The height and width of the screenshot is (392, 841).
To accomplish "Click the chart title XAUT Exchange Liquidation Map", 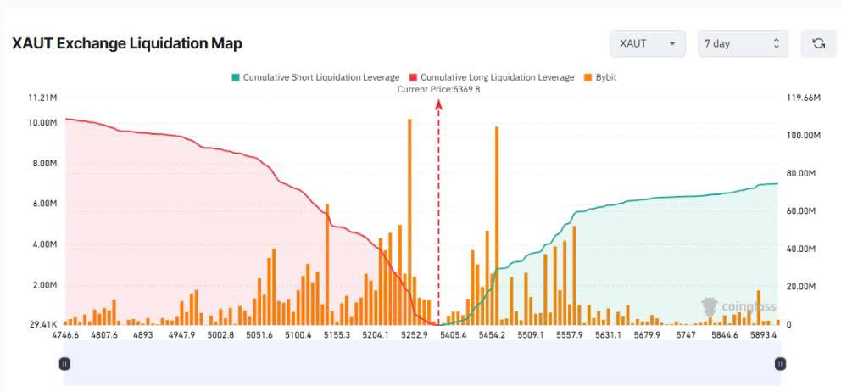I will click(127, 43).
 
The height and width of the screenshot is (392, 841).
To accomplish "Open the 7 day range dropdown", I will click(743, 43).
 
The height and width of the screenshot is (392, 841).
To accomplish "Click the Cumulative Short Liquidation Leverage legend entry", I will click(315, 77).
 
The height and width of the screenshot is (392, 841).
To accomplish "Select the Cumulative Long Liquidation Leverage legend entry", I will click(492, 77).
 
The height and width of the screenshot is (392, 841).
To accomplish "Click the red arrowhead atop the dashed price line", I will click(438, 103).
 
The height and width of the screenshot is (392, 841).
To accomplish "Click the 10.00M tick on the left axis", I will click(42, 123).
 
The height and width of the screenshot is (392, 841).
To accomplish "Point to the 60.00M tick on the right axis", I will click(801, 211).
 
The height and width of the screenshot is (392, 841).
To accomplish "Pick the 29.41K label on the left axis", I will click(42, 324).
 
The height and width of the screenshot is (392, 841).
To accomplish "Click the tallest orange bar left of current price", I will click(409, 221).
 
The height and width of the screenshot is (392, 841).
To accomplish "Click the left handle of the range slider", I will click(64, 363).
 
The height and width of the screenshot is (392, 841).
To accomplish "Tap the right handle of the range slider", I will click(780, 363).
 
